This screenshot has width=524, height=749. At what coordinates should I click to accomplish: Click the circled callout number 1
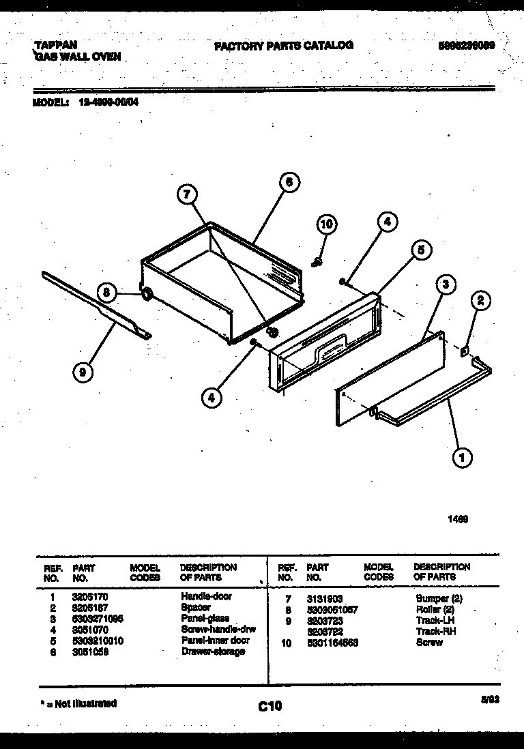(463, 458)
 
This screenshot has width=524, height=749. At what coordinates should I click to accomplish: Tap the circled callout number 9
(83, 372)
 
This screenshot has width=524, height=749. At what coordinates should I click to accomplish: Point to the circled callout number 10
(327, 224)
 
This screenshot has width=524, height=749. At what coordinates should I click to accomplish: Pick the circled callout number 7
(186, 195)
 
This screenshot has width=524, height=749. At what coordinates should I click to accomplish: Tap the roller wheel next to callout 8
(146, 295)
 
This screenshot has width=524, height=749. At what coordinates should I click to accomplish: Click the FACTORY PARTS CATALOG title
(283, 46)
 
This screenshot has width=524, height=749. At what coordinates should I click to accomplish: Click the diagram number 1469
(457, 518)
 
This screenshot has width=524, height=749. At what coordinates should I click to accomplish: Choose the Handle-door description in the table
(206, 596)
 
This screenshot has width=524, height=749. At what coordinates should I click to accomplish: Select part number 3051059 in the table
(90, 651)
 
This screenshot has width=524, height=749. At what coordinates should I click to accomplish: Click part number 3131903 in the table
(325, 598)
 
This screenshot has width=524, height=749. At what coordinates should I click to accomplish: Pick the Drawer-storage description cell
(213, 651)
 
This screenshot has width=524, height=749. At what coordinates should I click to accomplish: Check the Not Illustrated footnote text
(76, 703)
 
